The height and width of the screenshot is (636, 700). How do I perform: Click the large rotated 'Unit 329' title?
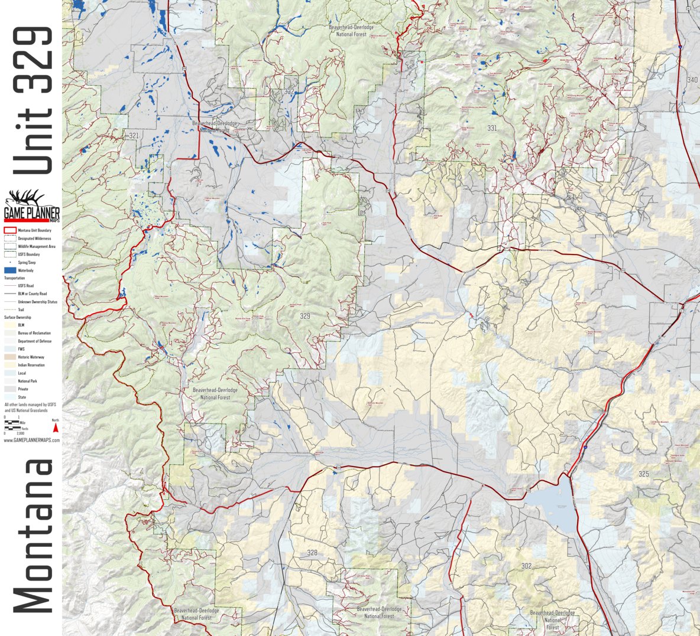(33, 100)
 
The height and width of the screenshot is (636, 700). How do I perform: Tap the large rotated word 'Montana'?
(33, 537)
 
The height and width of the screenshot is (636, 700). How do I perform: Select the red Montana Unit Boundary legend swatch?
(9, 230)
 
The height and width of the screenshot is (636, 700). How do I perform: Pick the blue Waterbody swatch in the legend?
(9, 270)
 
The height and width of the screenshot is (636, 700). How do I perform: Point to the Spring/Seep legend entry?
(27, 262)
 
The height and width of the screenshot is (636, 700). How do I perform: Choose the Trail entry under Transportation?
(20, 309)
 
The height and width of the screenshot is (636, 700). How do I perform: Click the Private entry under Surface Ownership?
(22, 389)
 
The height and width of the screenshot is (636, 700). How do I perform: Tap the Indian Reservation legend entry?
(31, 365)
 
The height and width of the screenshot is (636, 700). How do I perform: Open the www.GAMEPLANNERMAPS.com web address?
(32, 441)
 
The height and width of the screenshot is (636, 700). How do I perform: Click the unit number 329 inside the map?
(304, 317)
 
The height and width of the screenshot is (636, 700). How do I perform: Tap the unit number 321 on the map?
(134, 136)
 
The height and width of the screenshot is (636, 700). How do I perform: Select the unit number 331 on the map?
(492, 128)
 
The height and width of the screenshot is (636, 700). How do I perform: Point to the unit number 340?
(692, 80)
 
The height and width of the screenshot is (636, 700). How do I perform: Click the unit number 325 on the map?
(644, 474)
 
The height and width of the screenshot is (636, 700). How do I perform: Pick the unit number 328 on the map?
(312, 553)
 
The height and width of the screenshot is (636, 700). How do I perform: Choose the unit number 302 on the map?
(526, 566)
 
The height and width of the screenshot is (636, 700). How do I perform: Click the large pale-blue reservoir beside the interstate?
(553, 508)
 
